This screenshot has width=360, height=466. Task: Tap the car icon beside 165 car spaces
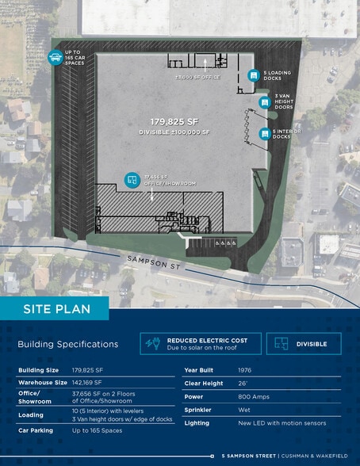click(56, 57)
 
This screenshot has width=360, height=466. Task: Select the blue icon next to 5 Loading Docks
click(253, 75)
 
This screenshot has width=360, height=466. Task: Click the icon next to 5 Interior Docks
click(262, 134)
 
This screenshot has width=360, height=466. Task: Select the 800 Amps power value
click(252, 397)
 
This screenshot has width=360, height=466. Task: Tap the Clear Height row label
click(203, 384)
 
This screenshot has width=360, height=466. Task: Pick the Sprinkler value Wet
click(243, 411)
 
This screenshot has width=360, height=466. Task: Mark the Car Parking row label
click(36, 429)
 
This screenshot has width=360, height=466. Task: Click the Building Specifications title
click(67, 344)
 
